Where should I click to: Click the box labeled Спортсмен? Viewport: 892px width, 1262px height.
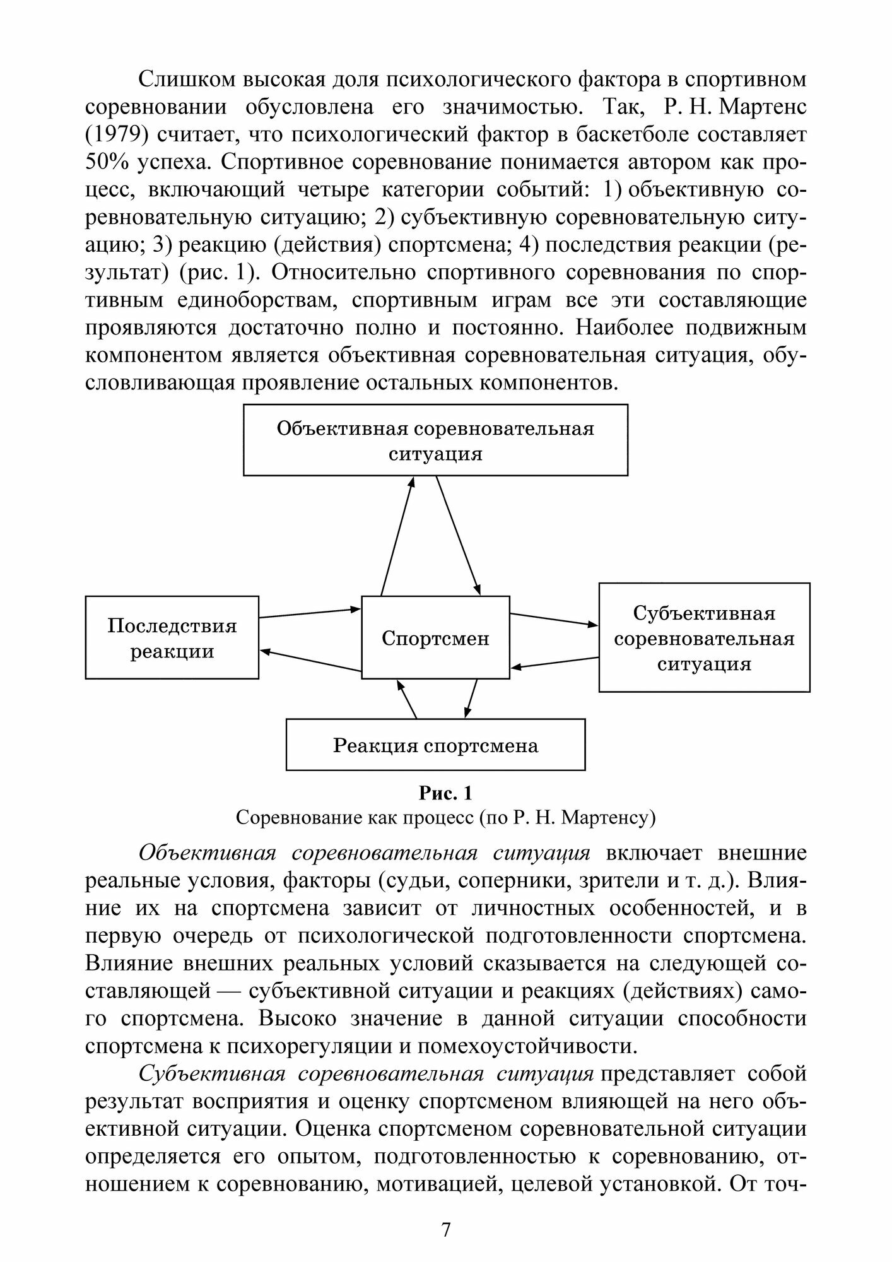coord(435,638)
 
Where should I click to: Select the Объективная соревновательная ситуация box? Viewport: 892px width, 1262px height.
coord(435,440)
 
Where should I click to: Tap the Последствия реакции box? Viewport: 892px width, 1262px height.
coord(172,638)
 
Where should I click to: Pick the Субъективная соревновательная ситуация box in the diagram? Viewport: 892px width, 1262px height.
coord(704,638)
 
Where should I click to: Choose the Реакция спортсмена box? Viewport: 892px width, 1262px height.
coord(435,745)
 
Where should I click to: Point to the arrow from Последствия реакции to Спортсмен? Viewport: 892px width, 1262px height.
coord(309,613)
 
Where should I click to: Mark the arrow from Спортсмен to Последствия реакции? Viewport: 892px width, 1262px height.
coord(310,661)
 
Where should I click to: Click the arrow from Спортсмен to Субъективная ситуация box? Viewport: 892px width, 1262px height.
coord(553,619)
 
